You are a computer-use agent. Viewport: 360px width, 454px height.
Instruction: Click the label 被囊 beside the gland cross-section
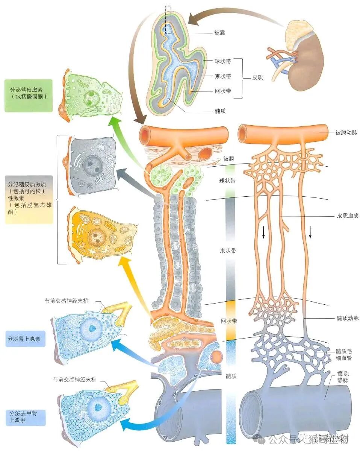[220, 33]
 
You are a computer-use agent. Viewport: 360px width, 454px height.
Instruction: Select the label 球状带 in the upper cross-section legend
[222, 61]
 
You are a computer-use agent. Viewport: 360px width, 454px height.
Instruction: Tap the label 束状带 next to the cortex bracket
[222, 76]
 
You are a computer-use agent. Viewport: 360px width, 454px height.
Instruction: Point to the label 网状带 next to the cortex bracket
[222, 91]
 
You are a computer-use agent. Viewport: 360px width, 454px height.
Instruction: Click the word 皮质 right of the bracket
[257, 77]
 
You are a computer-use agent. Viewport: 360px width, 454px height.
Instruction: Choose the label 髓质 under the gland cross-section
[220, 111]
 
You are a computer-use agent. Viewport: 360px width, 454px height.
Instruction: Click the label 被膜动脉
[346, 132]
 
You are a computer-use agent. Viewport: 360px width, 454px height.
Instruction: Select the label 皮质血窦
[346, 217]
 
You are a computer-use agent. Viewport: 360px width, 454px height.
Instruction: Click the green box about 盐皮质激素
[29, 96]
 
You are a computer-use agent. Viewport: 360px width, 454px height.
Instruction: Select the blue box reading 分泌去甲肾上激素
[26, 417]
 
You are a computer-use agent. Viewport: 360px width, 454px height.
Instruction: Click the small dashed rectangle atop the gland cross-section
[168, 20]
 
